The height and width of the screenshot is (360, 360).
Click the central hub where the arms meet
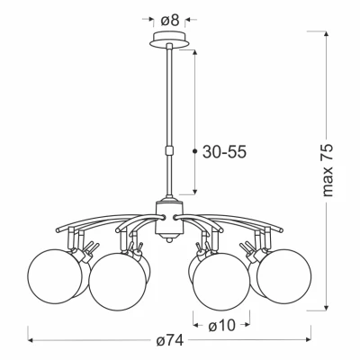(167, 217)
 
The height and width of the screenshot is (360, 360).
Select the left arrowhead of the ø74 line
(32, 342)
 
